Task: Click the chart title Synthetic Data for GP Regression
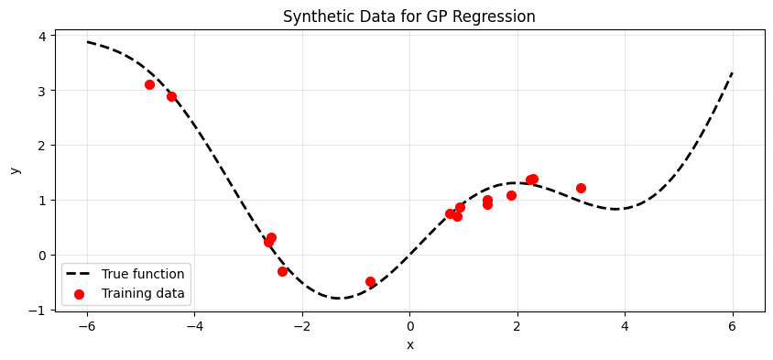[409, 16]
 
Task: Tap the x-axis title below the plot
[409, 345]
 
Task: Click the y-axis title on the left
[16, 170]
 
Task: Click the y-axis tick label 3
[46, 91]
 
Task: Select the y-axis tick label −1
[42, 311]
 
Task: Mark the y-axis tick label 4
[46, 36]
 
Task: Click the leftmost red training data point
[150, 85]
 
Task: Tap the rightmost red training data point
[581, 188]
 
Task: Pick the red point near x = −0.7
[370, 281]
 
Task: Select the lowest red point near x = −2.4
[282, 271]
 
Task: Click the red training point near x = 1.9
[511, 195]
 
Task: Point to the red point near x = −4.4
[171, 97]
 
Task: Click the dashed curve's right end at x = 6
[733, 73]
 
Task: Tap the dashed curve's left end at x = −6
[87, 42]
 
